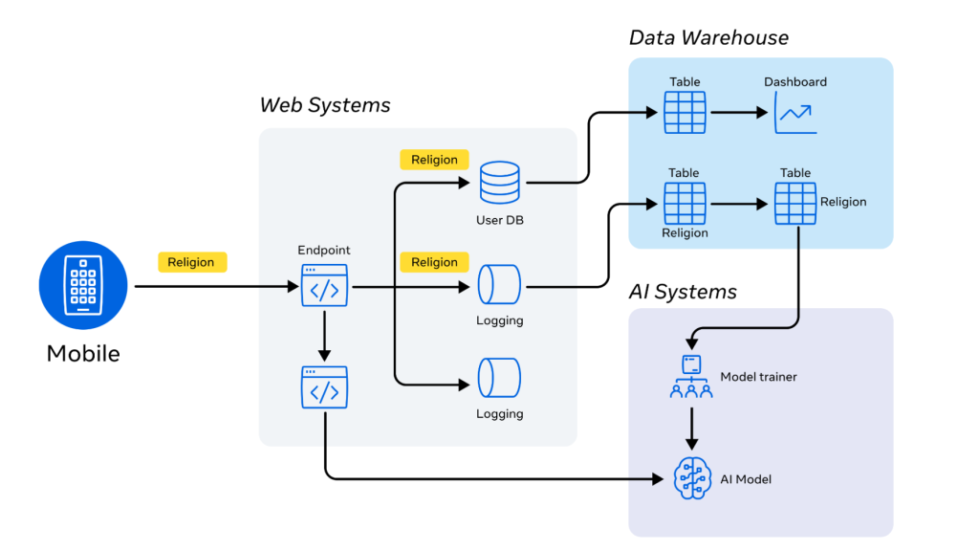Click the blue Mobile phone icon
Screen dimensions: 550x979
83,285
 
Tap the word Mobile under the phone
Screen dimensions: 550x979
83,354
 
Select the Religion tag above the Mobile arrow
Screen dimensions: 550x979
191,262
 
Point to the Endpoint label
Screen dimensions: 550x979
325,251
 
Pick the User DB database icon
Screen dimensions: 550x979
499,183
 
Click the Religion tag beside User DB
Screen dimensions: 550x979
434,160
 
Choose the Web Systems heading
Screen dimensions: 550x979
325,104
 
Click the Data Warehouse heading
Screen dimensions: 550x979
708,38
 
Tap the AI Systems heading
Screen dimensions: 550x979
683,292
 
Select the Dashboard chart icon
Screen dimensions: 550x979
795,113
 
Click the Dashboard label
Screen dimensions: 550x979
795,82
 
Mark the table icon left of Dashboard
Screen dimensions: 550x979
685,113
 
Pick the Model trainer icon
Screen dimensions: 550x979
691,376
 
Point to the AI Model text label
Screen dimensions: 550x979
746,479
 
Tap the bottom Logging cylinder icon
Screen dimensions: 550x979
499,378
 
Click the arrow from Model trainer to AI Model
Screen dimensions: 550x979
691,427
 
